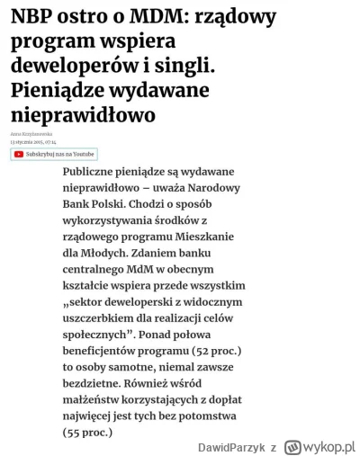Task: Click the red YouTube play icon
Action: [x=19, y=155]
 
